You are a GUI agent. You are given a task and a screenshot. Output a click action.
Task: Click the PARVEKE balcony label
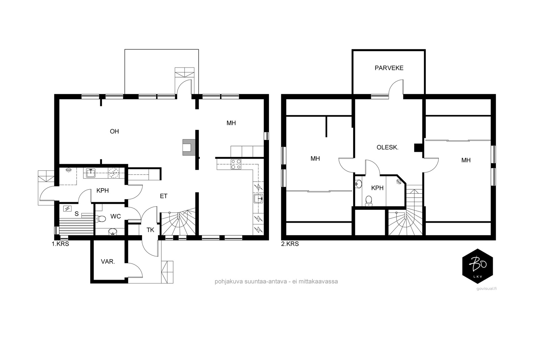389,68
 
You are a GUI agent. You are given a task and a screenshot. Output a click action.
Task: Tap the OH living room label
114,131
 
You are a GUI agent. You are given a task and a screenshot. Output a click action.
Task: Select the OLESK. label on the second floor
387,147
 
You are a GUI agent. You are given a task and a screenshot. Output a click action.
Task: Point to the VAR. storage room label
108,261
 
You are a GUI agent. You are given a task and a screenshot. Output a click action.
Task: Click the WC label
115,216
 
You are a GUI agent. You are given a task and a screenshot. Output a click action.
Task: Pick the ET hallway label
163,196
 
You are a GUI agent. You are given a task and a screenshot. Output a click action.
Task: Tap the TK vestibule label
151,230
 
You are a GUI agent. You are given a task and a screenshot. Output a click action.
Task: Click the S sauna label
77,214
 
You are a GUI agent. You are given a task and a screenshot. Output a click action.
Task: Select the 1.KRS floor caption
60,244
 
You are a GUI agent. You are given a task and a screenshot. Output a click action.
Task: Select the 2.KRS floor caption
290,244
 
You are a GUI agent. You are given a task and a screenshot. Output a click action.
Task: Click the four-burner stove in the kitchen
236,164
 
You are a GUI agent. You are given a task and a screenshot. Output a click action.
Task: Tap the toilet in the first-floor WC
101,219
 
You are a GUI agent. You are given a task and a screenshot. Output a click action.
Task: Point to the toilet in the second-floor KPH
369,201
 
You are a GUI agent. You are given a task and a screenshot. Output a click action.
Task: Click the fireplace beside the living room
189,147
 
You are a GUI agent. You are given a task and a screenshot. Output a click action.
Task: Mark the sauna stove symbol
67,209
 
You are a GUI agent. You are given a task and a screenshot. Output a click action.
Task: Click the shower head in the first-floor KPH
69,170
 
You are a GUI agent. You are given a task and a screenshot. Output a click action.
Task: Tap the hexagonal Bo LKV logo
477,266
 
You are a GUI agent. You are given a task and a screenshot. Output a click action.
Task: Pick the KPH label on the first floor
103,191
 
